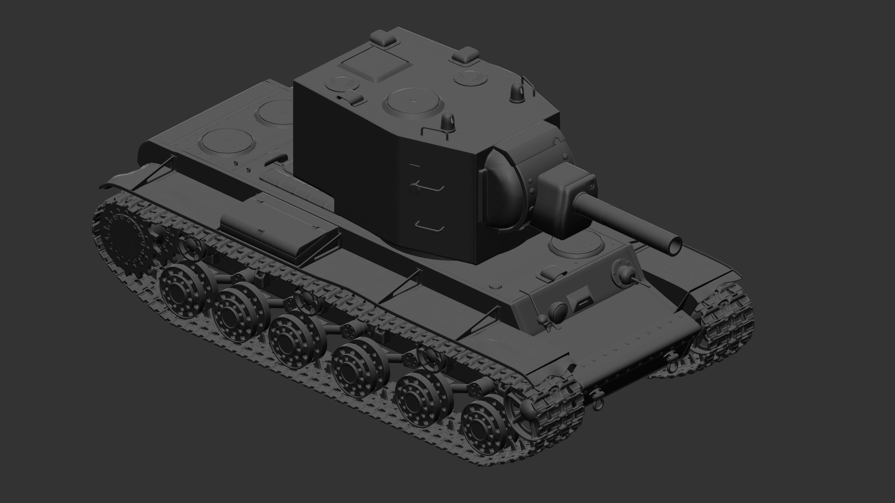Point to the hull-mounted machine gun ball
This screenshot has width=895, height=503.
[x=625, y=273]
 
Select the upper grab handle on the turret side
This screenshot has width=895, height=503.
[x=429, y=186]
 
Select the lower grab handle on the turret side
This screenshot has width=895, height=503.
[x=429, y=227]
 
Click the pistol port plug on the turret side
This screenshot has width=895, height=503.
[x=413, y=187]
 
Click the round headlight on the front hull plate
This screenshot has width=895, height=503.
[x=558, y=310]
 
